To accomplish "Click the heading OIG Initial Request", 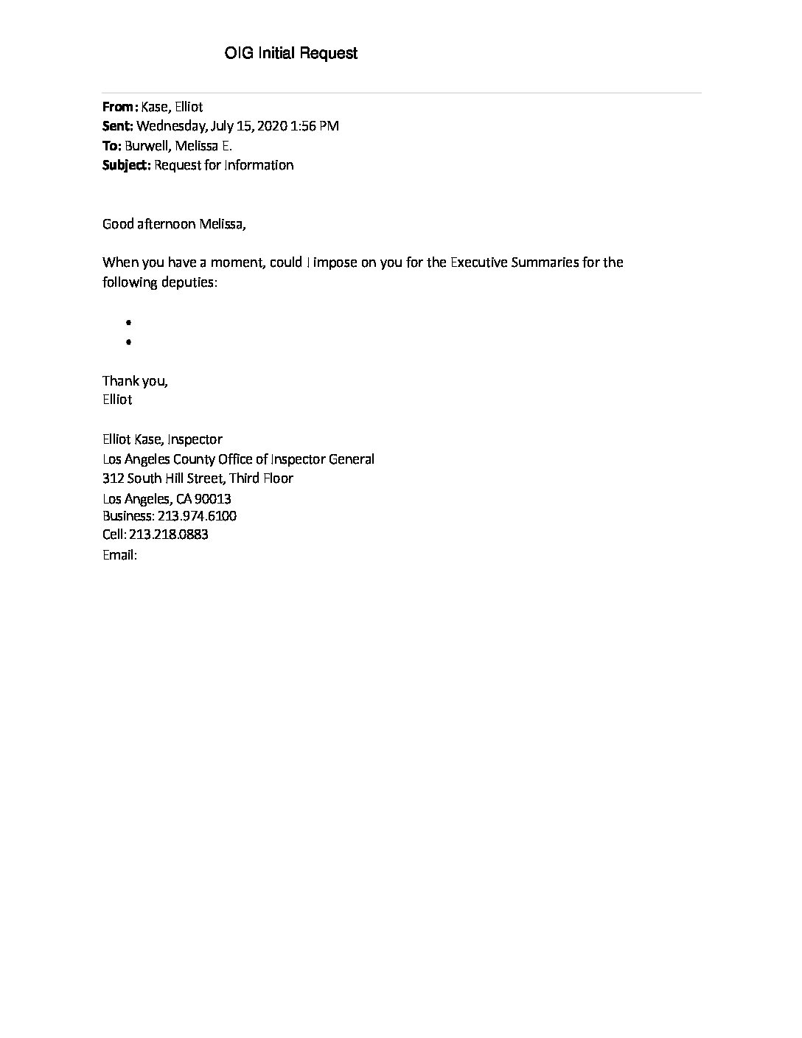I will click(291, 53).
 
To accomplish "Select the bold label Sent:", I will click(117, 126).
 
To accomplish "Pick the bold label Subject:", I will click(126, 165).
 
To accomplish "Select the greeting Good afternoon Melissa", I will click(174, 224).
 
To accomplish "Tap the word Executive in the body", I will click(479, 262).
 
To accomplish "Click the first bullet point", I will click(128, 323).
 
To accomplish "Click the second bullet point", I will click(128, 342).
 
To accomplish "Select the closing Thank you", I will click(135, 381).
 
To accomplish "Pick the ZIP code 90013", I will click(213, 499).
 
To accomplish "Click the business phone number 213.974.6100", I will click(197, 516).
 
